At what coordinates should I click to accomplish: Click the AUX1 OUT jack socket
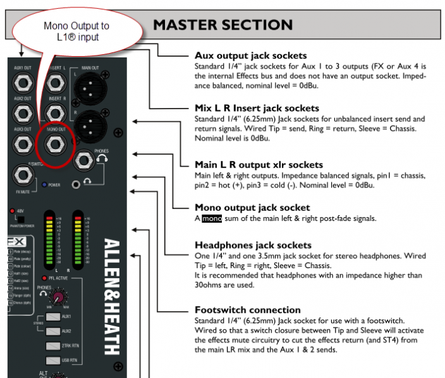tap(23, 83)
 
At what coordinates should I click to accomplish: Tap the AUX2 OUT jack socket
tap(23, 113)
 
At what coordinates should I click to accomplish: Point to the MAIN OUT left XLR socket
tap(88, 88)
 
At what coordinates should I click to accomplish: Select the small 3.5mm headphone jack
tap(77, 184)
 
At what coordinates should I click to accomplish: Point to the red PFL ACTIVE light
tap(44, 278)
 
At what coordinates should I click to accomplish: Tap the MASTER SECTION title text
tap(222, 25)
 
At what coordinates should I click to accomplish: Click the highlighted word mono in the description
tap(212, 219)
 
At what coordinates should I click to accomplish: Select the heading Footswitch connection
tap(247, 310)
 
